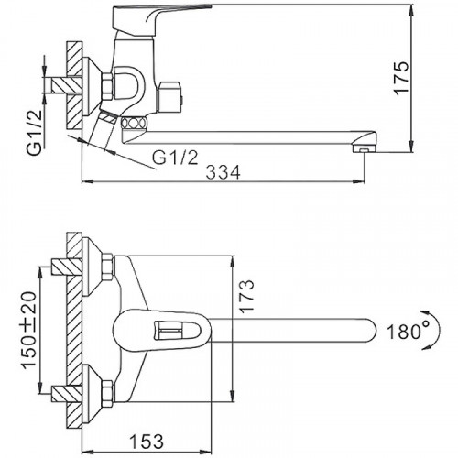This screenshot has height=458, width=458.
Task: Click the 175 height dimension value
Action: (401, 79)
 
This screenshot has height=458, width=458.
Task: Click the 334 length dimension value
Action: (224, 172)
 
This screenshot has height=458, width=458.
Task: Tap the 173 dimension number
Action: (246, 295)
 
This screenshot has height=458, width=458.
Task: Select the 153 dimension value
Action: (147, 442)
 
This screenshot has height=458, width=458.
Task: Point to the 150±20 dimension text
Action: (29, 331)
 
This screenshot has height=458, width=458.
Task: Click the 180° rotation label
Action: (408, 331)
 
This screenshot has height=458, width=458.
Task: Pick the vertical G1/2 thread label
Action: (35, 133)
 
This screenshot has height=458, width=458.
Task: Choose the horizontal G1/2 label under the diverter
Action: (176, 158)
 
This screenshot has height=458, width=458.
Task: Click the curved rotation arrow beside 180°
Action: (435, 331)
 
